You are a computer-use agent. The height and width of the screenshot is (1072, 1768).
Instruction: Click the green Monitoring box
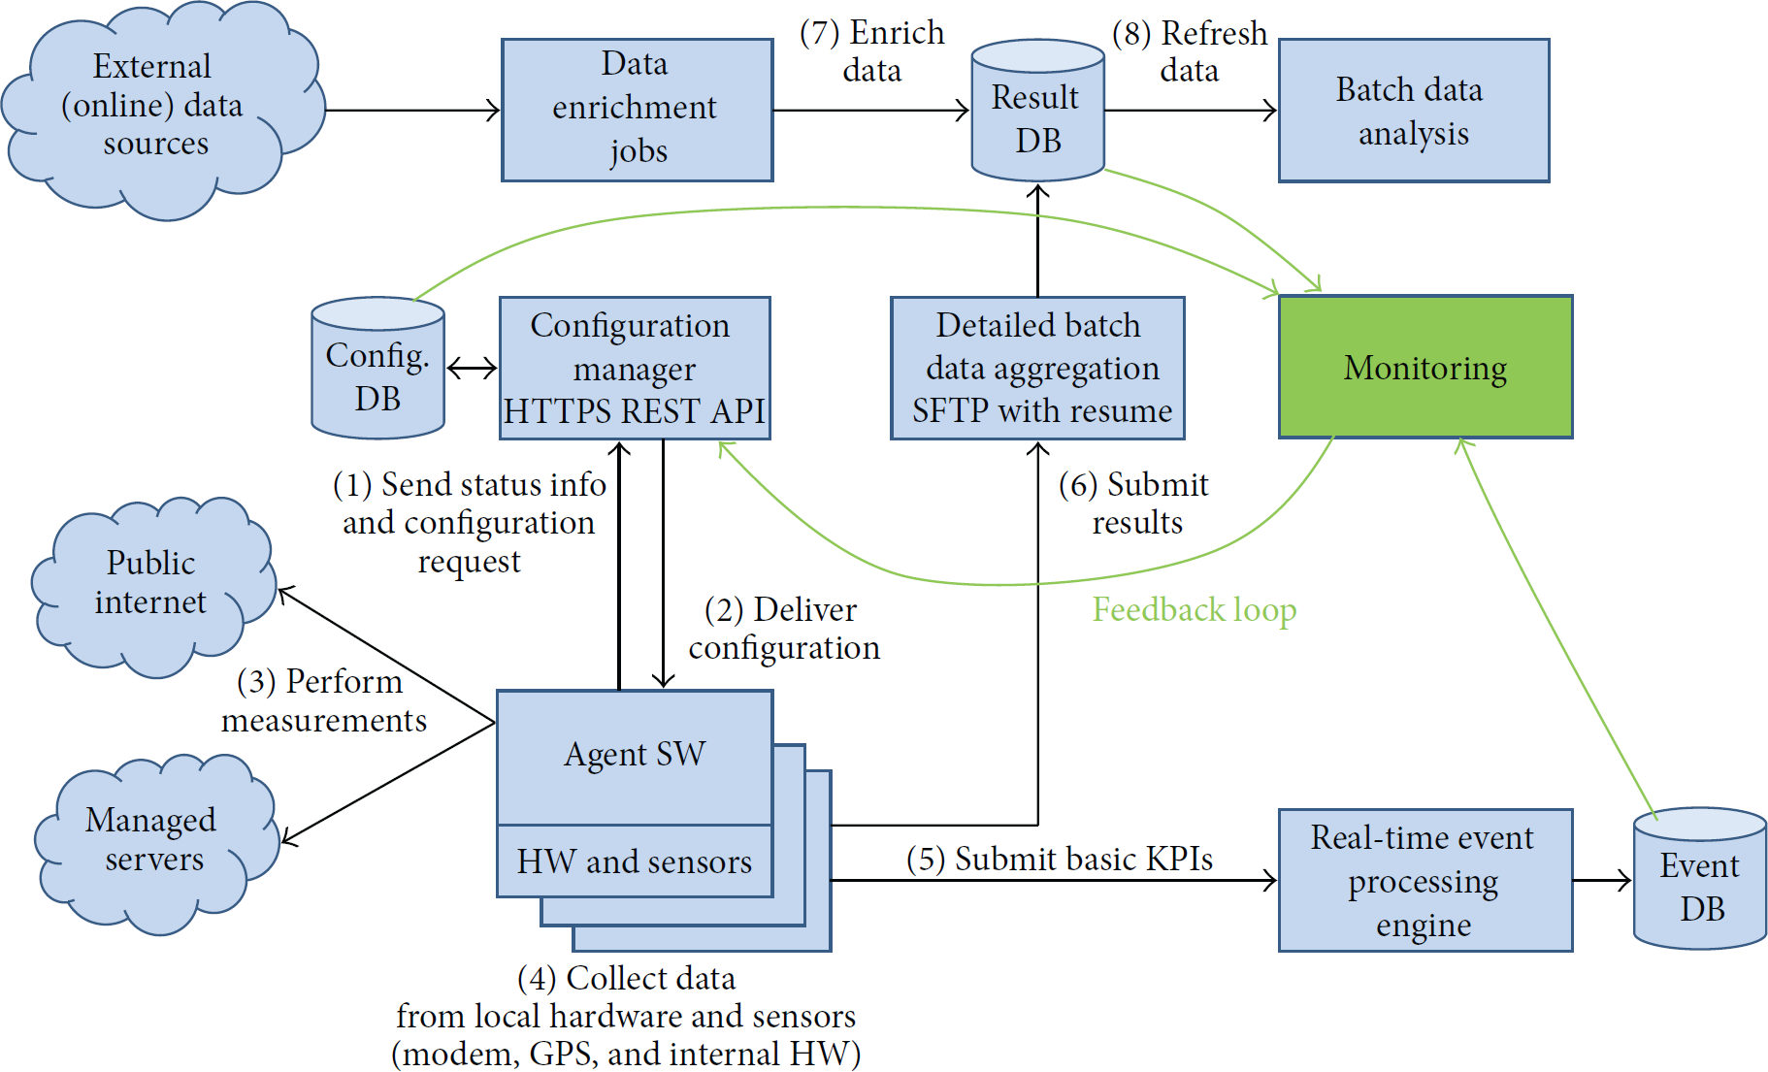[1425, 367]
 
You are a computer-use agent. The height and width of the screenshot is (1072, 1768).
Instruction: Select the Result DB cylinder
[1038, 111]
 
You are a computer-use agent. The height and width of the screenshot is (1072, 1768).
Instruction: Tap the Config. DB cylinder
[377, 368]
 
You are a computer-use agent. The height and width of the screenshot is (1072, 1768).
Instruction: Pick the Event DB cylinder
[1700, 879]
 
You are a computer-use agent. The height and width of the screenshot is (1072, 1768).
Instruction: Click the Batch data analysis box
[1414, 111]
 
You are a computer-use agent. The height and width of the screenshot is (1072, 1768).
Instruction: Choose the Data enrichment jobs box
[637, 111]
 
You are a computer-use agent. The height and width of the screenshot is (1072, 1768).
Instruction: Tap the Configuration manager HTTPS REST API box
[635, 368]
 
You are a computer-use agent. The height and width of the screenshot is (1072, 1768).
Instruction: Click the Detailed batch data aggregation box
[1038, 368]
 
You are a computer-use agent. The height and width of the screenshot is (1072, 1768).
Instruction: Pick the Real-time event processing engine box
[1425, 880]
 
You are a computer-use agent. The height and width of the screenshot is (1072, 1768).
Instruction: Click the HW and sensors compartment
[635, 861]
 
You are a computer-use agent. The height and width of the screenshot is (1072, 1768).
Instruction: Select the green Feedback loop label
[1195, 610]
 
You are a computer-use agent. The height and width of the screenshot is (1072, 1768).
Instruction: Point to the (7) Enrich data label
[871, 51]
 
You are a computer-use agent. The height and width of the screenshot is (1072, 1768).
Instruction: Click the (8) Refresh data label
[1190, 51]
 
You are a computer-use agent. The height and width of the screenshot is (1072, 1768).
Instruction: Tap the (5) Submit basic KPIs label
[1060, 859]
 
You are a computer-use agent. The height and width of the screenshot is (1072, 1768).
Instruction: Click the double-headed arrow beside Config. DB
[472, 368]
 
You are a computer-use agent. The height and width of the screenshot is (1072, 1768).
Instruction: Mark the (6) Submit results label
[1133, 503]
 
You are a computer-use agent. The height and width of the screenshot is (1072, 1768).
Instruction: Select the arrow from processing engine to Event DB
[1602, 880]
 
